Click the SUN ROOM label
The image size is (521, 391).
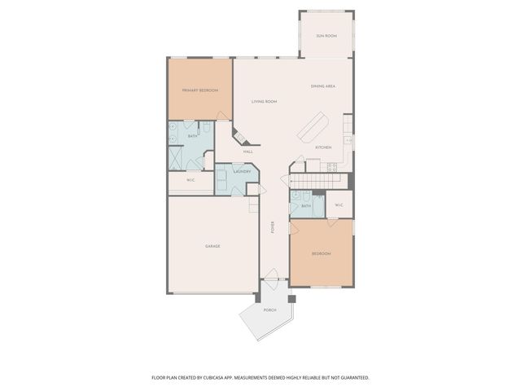(326, 36)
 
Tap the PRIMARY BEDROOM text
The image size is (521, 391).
(199, 90)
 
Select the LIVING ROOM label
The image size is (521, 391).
(265, 101)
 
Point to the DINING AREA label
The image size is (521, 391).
(324, 86)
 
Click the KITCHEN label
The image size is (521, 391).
(323, 147)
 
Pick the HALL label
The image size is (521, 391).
(247, 152)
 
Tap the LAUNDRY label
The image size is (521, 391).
(242, 171)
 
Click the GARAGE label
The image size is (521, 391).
(212, 246)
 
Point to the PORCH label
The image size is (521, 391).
(269, 310)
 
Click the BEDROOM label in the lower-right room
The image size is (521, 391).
(322, 254)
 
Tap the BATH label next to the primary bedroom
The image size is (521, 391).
(193, 136)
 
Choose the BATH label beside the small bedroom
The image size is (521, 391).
(306, 206)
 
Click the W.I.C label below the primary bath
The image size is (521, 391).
(190, 180)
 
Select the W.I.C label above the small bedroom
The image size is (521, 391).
(339, 205)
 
